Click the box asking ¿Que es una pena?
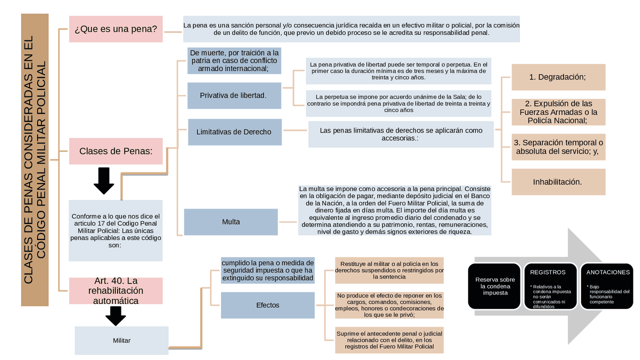[115, 29]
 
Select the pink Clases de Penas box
[115, 151]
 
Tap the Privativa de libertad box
[233, 95]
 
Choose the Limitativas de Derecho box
[234, 132]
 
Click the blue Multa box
[230, 222]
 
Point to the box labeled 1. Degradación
[558, 77]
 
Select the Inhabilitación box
[558, 182]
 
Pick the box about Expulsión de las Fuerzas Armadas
[558, 112]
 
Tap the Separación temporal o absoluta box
[558, 147]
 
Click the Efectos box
[267, 305]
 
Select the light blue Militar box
[121, 340]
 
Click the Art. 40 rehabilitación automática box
[115, 291]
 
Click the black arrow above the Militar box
[115, 315]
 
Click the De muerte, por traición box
[233, 60]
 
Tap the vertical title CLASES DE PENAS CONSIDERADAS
[34, 160]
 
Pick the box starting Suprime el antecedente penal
[388, 340]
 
